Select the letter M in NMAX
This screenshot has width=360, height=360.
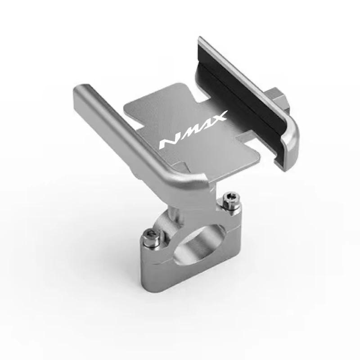coord(189,135)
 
